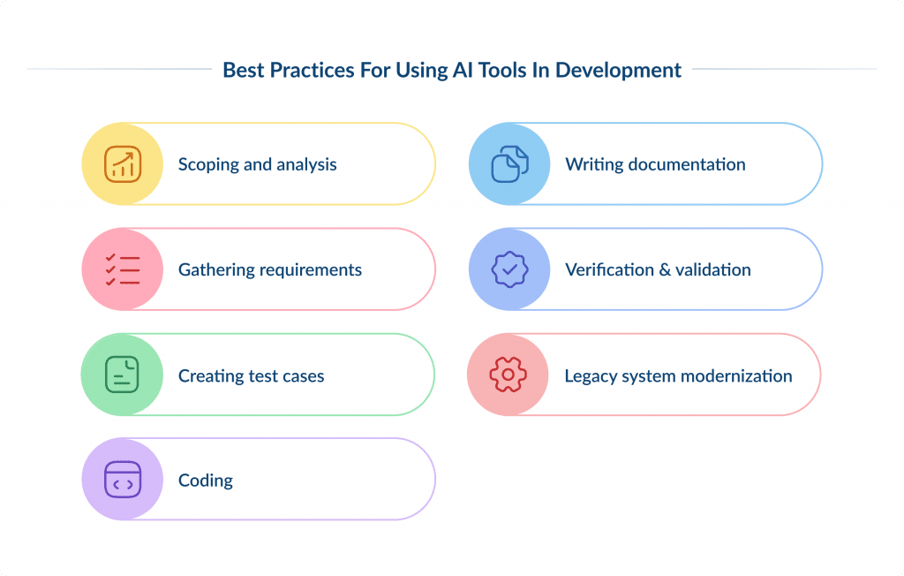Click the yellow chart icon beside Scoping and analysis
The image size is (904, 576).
pos(123,163)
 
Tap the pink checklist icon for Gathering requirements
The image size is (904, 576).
pos(123,269)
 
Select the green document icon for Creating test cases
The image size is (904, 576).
pos(123,375)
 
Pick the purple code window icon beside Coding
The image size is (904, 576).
pos(123,480)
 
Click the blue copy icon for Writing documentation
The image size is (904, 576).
pos(509,163)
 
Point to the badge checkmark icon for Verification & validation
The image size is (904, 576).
pos(509,269)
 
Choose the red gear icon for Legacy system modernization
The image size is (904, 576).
pos(508,375)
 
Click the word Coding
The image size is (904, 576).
pos(206,481)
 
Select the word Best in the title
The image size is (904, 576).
pos(242,70)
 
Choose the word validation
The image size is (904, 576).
pos(712,270)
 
